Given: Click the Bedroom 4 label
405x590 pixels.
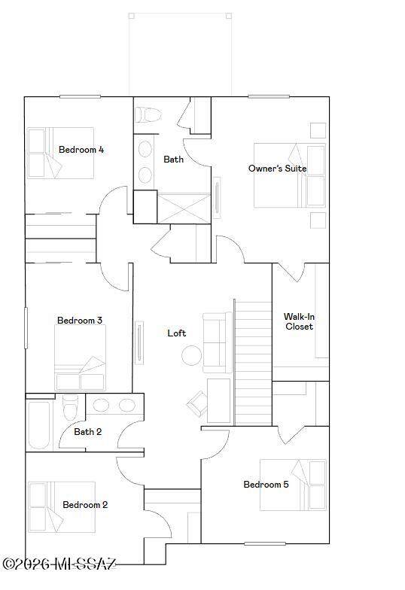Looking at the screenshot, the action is (x=81, y=150).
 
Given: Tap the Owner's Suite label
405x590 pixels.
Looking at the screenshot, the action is (x=277, y=169).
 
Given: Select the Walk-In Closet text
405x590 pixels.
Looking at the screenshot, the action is (x=299, y=321).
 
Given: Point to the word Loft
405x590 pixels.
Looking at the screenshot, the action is (x=176, y=333).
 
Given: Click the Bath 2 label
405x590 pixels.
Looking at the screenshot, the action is (x=87, y=432).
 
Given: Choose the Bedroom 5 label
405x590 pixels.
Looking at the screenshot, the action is (x=266, y=485).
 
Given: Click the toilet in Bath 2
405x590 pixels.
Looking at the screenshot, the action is (x=70, y=407).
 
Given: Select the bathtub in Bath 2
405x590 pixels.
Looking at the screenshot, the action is (x=39, y=426).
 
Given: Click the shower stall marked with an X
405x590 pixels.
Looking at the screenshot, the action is (x=184, y=208).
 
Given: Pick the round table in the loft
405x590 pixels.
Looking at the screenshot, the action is (x=191, y=355).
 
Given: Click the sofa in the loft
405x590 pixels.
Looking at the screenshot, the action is (x=218, y=342).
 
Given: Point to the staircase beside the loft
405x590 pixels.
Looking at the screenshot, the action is (x=253, y=363).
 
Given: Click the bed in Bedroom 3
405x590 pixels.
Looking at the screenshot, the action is (x=80, y=358).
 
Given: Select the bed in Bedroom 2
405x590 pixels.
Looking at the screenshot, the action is (x=62, y=507).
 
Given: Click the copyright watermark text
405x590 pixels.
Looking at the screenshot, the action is (x=59, y=564).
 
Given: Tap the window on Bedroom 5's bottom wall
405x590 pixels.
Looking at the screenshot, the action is (x=265, y=543).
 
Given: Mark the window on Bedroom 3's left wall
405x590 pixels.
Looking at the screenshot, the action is (x=26, y=328).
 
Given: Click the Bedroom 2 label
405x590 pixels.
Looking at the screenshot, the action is (x=85, y=504).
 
